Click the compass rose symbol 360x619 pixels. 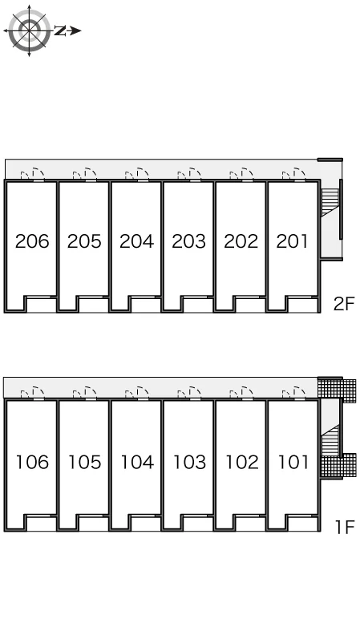pyautogui.click(x=29, y=30)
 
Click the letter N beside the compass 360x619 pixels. pyautogui.click(x=60, y=30)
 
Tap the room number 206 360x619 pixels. pyautogui.click(x=32, y=241)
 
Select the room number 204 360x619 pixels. pyautogui.click(x=136, y=241)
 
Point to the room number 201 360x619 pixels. pyautogui.click(x=292, y=241)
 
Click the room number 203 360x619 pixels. pyautogui.click(x=188, y=241)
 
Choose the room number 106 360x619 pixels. pyautogui.click(x=32, y=462)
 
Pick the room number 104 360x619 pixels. pyautogui.click(x=136, y=462)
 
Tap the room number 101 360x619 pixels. pyautogui.click(x=293, y=462)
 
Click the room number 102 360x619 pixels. pyautogui.click(x=241, y=462)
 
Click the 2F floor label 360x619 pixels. pyautogui.click(x=344, y=304)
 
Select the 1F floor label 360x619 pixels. pyautogui.click(x=345, y=527)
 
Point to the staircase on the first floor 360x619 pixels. pyautogui.click(x=330, y=440)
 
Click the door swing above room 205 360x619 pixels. pyautogui.click(x=91, y=173)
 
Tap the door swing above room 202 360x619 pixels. pyautogui.click(x=247, y=173)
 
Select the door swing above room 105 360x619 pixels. pyautogui.click(x=91, y=392)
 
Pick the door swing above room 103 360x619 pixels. pyautogui.click(x=195, y=392)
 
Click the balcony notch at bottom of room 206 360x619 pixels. pyautogui.click(x=41, y=305)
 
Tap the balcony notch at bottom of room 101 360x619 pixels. pyautogui.click(x=303, y=523)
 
